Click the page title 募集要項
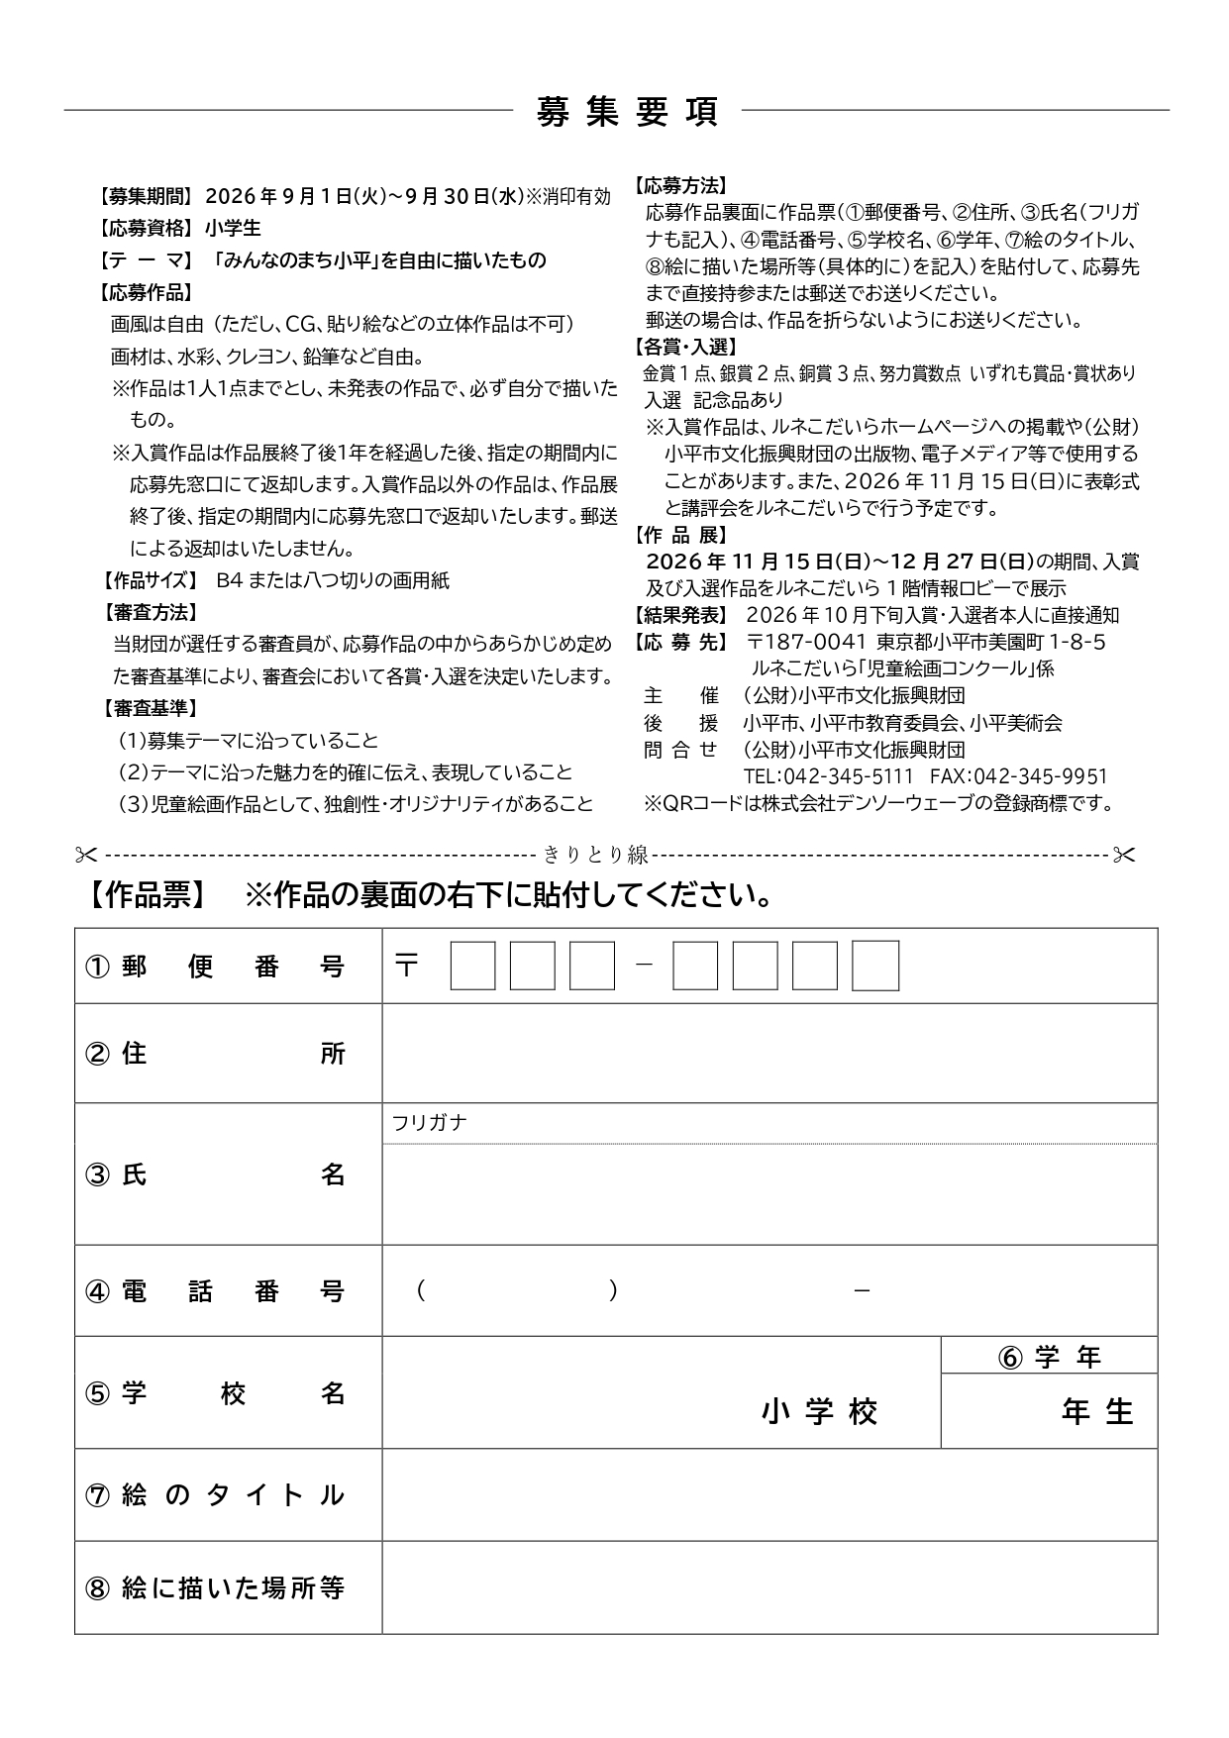[x=626, y=111]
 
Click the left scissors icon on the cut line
[x=86, y=854]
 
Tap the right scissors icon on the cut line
[x=1123, y=854]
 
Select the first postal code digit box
[x=472, y=967]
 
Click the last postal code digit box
[x=875, y=967]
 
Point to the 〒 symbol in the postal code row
[x=406, y=966]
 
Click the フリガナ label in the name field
[x=429, y=1123]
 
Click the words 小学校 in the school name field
[x=820, y=1411]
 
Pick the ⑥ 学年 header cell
[x=1049, y=1357]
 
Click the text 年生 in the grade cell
[x=1097, y=1411]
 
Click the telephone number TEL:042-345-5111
[x=828, y=776]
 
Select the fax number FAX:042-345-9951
[x=1018, y=776]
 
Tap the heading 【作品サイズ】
[x=150, y=580]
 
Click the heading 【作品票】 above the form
[x=147, y=895]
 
